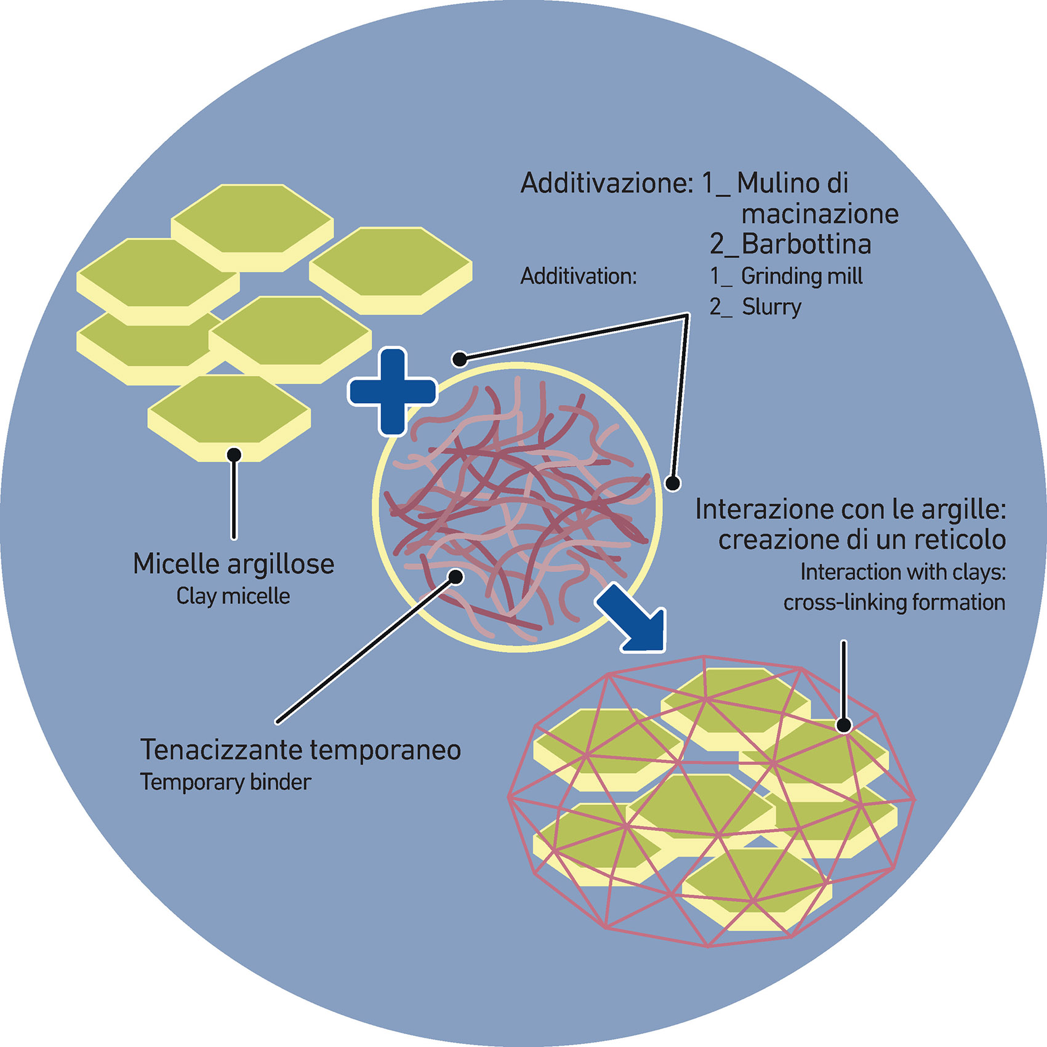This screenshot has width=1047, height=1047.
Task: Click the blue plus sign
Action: click(393, 391)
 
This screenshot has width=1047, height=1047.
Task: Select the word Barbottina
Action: click(806, 244)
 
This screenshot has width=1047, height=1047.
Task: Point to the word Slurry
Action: click(771, 307)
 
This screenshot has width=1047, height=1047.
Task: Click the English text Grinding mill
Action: click(801, 276)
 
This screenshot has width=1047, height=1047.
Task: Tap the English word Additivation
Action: click(579, 276)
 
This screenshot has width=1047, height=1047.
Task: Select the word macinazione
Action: click(820, 214)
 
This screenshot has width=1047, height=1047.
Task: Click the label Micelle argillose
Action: click(233, 564)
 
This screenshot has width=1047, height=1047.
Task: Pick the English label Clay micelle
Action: click(233, 596)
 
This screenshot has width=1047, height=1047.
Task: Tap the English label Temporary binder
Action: click(226, 782)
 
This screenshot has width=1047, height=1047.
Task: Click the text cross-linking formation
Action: click(894, 602)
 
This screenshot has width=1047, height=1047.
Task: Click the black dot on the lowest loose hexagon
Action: click(234, 455)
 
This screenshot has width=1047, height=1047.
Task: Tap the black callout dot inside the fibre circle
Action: click(455, 577)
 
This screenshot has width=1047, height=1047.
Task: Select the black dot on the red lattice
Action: click(844, 726)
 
